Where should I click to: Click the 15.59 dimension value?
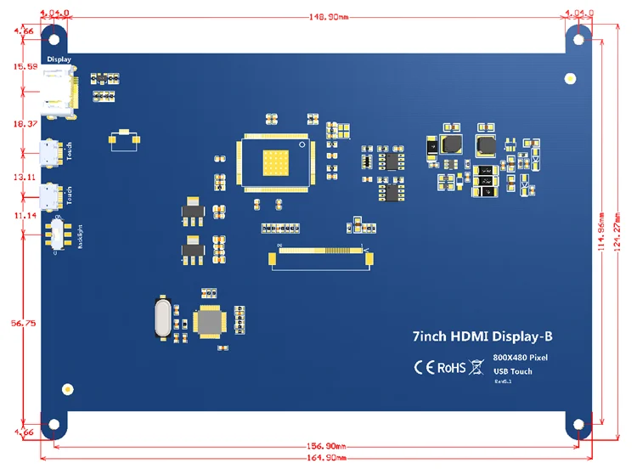point(19,65)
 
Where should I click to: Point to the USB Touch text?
point(513,371)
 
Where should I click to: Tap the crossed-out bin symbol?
point(476,368)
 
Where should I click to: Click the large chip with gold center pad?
point(277,159)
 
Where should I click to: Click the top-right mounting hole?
point(579,38)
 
